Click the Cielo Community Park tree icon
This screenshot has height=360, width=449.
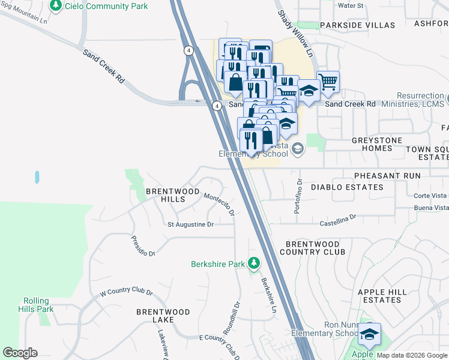[56, 5]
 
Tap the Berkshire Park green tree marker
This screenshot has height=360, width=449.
[254, 263]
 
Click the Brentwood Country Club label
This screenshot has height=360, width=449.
[315, 248]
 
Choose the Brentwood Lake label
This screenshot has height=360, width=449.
[163, 316]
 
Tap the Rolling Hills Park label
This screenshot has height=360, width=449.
[38, 305]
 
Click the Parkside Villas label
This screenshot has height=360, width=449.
[357, 25]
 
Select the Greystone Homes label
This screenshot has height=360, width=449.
[377, 145]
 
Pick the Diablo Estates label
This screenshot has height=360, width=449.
[347, 187]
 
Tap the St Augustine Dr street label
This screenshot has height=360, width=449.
[190, 224]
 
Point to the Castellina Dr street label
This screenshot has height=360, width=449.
[337, 219]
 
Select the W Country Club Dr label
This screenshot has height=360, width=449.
[126, 292]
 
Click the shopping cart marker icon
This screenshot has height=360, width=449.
[328, 80]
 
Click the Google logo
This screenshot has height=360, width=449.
[20, 353]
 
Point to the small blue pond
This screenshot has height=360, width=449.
[37, 177]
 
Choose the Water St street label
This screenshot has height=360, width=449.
[351, 5]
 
